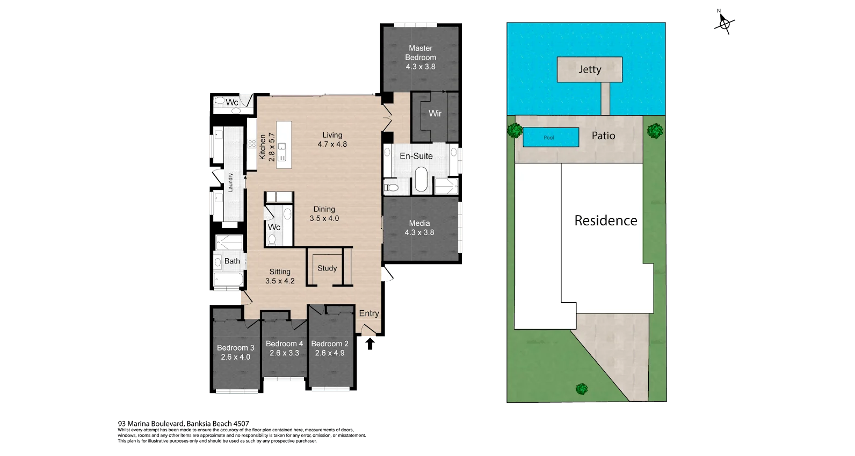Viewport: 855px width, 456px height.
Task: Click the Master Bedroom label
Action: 421,53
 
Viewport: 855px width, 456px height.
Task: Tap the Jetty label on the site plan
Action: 589,69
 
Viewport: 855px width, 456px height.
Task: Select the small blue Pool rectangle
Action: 550,137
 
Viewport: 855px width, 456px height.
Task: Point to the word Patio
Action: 603,136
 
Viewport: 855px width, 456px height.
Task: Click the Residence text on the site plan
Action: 605,220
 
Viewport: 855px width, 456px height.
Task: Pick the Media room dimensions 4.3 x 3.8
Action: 419,232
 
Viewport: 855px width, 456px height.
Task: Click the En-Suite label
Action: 416,156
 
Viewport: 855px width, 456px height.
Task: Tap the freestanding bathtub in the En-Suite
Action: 421,180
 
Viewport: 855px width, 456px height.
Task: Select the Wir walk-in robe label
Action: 435,113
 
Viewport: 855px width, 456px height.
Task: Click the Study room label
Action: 327,268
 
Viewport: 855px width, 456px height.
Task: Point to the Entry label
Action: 369,313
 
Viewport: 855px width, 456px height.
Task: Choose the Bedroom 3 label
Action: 235,347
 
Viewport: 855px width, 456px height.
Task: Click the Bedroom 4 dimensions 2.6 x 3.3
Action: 285,353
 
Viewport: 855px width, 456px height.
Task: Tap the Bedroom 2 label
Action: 330,344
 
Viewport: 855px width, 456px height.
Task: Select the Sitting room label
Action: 280,272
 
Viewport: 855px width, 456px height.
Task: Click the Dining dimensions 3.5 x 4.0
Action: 324,218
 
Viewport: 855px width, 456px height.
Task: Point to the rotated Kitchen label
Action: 263,147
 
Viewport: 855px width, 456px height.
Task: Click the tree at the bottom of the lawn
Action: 581,388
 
